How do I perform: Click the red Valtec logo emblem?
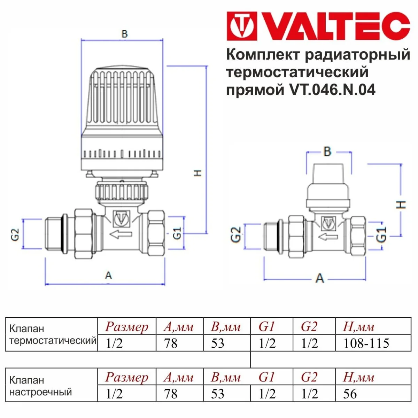pyautogui.click(x=242, y=26)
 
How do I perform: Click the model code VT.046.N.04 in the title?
pyautogui.click(x=332, y=90)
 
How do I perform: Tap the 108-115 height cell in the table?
pyautogui.click(x=366, y=343)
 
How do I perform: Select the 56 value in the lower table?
pyautogui.click(x=350, y=394)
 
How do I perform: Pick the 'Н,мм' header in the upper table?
pyautogui.click(x=358, y=327)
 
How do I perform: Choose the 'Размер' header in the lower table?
pyautogui.click(x=127, y=377)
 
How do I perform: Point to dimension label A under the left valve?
pyautogui.click(x=109, y=276)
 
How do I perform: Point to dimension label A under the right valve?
pyautogui.click(x=319, y=278)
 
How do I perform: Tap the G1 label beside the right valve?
pyautogui.click(x=382, y=234)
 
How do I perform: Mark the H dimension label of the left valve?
pyautogui.click(x=198, y=172)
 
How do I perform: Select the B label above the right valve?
pyautogui.click(x=327, y=152)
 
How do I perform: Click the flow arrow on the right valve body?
pyautogui.click(x=327, y=237)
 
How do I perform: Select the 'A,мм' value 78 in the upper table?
pyautogui.click(x=171, y=343)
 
